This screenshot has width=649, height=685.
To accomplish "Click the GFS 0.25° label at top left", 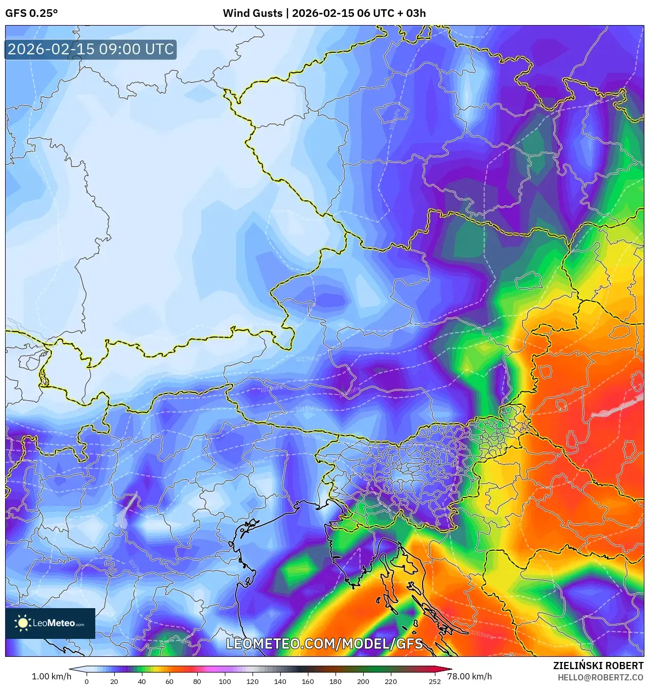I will pos(31,13).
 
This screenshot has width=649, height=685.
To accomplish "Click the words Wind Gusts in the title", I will pos(252,13).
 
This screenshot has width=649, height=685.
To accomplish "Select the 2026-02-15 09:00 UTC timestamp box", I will pos(91,49).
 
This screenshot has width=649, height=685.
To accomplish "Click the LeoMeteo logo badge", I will pos(50,623).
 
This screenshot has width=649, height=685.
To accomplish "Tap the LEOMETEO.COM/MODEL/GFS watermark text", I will pos(324,644).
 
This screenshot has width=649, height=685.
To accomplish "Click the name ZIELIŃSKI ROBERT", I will pos(598,666).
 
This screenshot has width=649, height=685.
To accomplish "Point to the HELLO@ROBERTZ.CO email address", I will pos(600,677).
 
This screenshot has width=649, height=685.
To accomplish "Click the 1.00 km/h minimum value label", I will pos(51,676).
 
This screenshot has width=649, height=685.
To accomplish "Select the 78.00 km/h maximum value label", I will pos(469,676).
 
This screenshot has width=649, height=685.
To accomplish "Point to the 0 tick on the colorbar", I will pos(87,681).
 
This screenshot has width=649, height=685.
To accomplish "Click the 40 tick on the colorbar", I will pos(142,681).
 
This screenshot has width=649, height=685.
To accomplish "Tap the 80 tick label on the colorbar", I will pos(197,681).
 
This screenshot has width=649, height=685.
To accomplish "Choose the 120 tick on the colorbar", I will pos(253,681).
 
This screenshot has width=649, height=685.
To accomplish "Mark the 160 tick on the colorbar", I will pos(308,681).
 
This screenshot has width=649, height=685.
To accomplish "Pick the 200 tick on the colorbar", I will pos(363,681).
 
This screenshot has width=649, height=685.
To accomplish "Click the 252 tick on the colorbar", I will pos(435,681).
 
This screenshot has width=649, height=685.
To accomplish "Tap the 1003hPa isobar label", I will pos(481,635).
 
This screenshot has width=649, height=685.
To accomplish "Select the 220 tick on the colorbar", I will pos(391,681).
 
